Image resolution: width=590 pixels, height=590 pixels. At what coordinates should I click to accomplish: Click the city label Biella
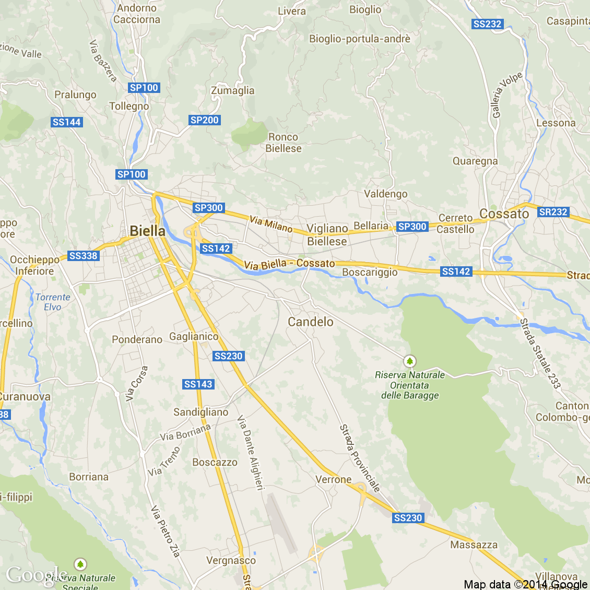click(x=147, y=231)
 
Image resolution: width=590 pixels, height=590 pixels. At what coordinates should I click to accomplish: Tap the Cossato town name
click(x=504, y=214)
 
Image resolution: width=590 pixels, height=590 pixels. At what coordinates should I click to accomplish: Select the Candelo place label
click(x=311, y=322)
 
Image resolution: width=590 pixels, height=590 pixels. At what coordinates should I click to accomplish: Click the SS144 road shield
click(x=67, y=122)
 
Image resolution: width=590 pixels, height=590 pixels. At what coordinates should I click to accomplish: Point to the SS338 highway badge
click(x=84, y=256)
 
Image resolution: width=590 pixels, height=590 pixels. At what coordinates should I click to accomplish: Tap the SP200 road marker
click(x=204, y=120)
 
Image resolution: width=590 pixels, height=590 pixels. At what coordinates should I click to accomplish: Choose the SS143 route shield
click(x=198, y=384)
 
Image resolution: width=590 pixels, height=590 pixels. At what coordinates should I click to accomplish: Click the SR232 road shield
click(x=553, y=212)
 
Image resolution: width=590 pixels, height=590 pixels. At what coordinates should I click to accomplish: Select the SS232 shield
click(x=487, y=24)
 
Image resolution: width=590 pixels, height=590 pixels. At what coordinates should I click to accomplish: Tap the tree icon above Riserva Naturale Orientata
click(x=410, y=361)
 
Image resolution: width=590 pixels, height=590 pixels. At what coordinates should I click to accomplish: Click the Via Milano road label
click(x=271, y=224)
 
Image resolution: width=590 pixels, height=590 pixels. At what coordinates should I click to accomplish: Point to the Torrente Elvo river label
click(x=52, y=302)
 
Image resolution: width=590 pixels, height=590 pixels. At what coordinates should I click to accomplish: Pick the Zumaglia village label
click(x=232, y=90)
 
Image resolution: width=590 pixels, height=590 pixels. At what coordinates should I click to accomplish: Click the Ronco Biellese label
click(x=283, y=143)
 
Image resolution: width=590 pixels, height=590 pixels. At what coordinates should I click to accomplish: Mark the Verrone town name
click(x=333, y=479)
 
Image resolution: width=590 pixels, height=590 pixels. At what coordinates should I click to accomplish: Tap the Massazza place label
click(x=474, y=545)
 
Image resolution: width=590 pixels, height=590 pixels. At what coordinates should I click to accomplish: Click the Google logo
click(x=37, y=574)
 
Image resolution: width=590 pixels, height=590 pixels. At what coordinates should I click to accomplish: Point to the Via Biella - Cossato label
click(x=289, y=264)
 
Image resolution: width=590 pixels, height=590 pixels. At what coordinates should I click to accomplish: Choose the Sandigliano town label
click(x=200, y=412)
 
